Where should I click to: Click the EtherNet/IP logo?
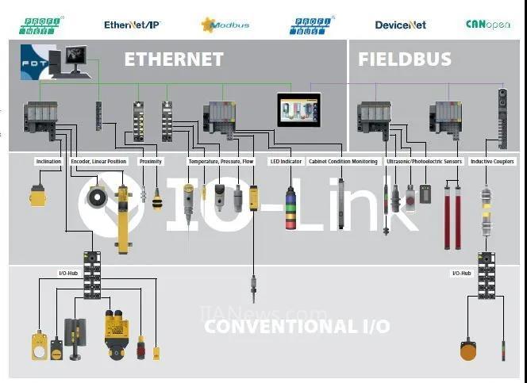click(132, 25)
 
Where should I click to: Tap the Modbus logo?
click(225, 25)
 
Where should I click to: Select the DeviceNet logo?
click(400, 25)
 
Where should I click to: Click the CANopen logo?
click(488, 25)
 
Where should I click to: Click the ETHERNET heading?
click(173, 59)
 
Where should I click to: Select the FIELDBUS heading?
click(405, 59)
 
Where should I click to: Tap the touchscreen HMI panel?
click(298, 110)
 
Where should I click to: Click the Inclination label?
click(48, 162)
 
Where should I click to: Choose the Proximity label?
click(151, 162)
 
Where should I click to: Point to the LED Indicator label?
click(286, 162)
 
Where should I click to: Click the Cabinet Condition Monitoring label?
click(343, 162)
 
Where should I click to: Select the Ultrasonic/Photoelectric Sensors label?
click(424, 162)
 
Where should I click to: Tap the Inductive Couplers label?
click(492, 162)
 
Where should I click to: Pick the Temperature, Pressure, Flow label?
click(221, 162)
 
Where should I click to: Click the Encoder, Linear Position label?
click(98, 162)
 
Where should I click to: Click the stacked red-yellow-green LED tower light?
click(292, 208)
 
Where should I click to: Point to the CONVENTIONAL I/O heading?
click(297, 326)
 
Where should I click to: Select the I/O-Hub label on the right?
click(462, 273)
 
